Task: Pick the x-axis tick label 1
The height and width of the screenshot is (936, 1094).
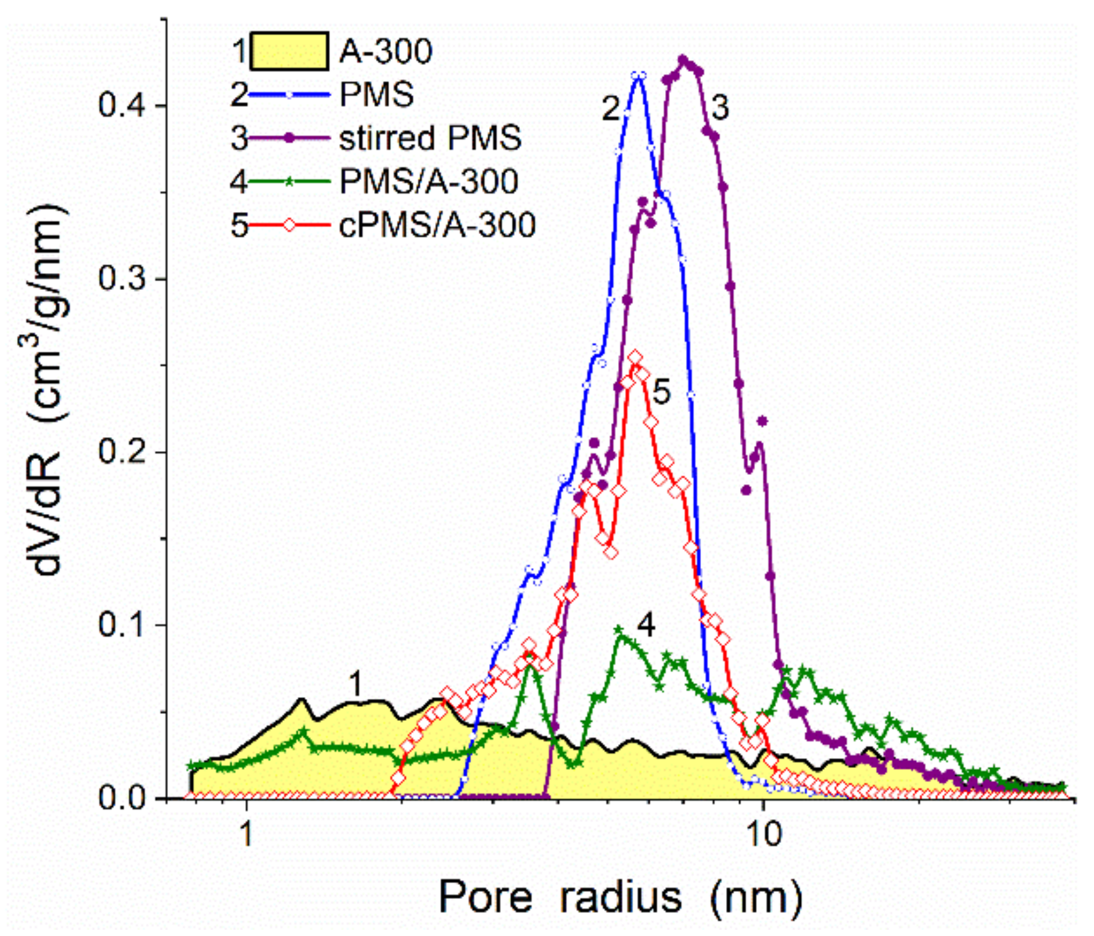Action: tap(246, 834)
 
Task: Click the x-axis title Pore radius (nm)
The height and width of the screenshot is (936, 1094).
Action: tap(620, 897)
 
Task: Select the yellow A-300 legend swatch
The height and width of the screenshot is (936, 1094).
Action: tap(289, 51)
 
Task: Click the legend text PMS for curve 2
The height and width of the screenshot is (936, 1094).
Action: tap(376, 95)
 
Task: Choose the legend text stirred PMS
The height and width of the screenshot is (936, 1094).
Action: tap(430, 138)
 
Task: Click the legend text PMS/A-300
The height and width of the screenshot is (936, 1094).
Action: tap(429, 181)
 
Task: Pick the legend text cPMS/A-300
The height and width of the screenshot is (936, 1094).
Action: tap(437, 225)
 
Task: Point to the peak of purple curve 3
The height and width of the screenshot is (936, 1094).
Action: tap(684, 60)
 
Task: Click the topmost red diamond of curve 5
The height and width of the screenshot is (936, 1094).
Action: tap(636, 357)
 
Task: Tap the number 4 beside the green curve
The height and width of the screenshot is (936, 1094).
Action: tap(646, 625)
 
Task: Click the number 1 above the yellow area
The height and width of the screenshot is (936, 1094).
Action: tap(356, 684)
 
